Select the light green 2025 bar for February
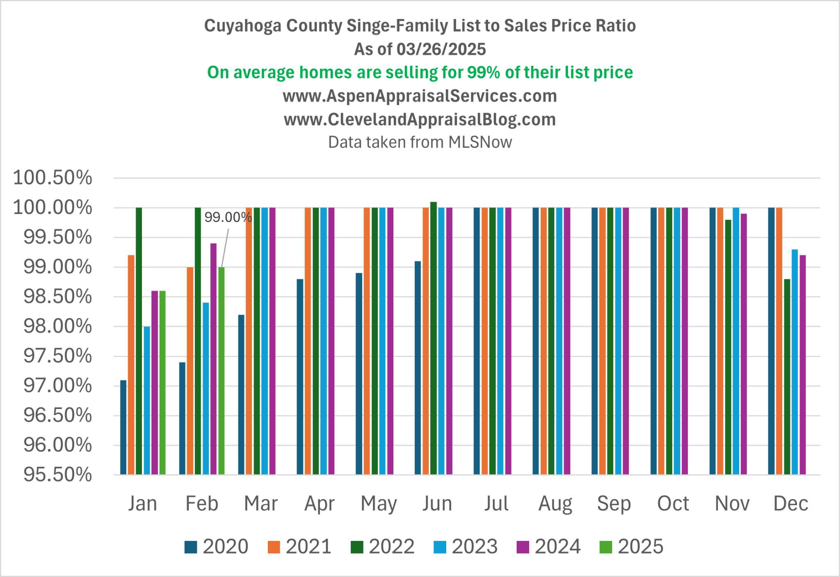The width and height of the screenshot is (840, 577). tap(221, 371)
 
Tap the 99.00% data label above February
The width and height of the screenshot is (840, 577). tap(228, 217)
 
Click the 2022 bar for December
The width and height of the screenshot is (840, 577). tap(787, 377)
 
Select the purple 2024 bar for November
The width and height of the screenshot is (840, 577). tap(744, 344)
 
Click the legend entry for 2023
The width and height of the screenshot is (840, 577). tap(466, 547)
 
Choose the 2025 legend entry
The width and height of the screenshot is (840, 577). tap(632, 547)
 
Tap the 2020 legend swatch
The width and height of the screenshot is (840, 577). tap(191, 547)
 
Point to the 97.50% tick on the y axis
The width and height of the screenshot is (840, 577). tap(57, 356)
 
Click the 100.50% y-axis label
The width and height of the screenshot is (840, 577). tap(52, 178)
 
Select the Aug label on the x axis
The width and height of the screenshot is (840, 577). tap(555, 503)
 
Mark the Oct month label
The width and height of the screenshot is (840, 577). tap(673, 503)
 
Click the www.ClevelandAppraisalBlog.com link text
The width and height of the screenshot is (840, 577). tap(420, 119)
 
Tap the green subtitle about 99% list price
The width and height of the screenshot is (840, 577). tap(420, 73)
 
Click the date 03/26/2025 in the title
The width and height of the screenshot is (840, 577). tap(441, 49)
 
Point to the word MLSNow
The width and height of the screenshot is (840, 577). tap(480, 142)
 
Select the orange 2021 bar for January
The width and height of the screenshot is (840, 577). tap(131, 365)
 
